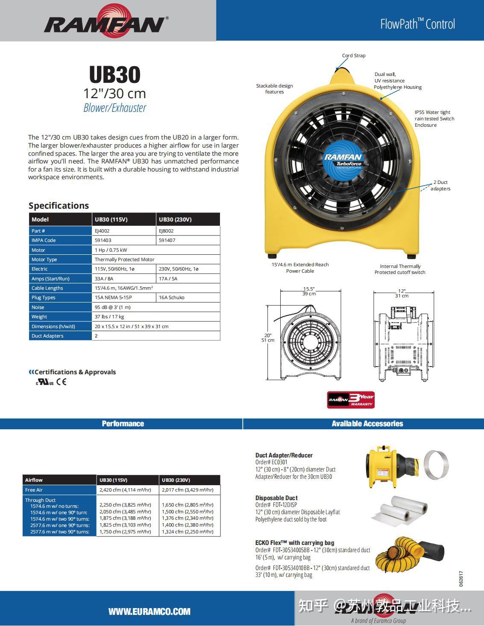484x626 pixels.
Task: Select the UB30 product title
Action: [x=114, y=75]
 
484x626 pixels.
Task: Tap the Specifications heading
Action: [x=59, y=206]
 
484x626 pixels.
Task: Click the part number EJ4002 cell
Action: [x=102, y=231]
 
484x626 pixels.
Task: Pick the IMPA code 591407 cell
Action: [x=167, y=240]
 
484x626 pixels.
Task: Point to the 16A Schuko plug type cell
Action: [x=172, y=297]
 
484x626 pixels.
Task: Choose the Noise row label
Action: [x=38, y=307]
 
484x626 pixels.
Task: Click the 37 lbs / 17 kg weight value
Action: [x=109, y=317]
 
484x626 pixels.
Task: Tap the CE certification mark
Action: [x=62, y=382]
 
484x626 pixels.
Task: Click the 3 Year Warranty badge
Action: [x=351, y=400]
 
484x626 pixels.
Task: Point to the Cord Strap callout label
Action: [x=354, y=55]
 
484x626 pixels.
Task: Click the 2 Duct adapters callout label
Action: [x=440, y=186]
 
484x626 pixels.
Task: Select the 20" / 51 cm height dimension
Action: [x=268, y=338]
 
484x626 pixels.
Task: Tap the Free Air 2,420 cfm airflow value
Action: [x=125, y=490]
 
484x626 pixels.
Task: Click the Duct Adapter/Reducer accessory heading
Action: [x=284, y=455]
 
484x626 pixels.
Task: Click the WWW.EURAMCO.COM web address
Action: [x=149, y=611]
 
